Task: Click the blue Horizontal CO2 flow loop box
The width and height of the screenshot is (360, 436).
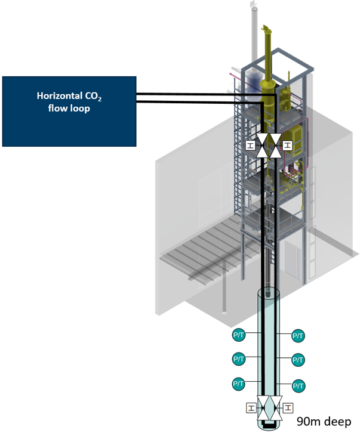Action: [x=69, y=110]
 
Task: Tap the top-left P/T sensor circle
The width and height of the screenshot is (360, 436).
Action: [x=238, y=336]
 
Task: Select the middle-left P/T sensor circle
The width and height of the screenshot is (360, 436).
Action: [x=238, y=359]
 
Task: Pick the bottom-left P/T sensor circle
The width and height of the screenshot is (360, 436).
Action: [x=238, y=383]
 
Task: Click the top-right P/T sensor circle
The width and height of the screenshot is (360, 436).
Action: [x=299, y=336]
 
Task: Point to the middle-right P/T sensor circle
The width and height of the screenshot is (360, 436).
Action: [x=299, y=360]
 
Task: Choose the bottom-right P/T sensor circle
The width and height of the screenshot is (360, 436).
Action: [x=299, y=385]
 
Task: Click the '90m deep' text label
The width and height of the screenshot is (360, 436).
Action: [x=324, y=422]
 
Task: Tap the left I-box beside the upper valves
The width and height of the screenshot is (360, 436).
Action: [x=250, y=145]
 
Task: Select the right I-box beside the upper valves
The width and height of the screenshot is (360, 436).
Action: [x=288, y=145]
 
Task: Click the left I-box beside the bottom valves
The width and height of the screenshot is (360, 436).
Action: [x=251, y=408]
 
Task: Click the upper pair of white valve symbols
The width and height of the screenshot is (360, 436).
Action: [x=269, y=146]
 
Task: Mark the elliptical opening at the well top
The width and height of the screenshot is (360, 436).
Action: [x=269, y=293]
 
